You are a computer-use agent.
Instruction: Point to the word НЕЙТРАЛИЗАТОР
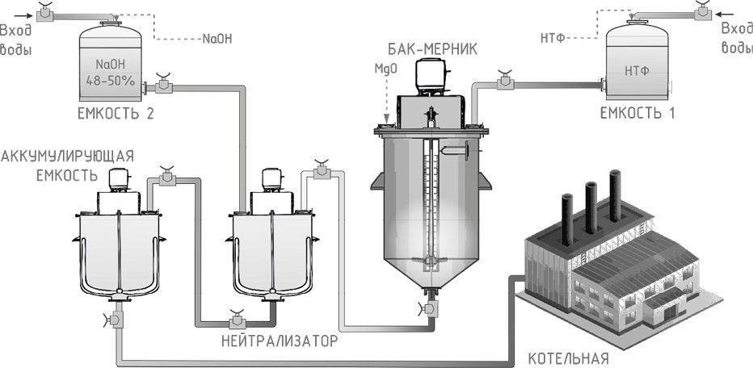pos(280,341)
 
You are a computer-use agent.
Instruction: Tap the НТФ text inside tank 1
pos(637,71)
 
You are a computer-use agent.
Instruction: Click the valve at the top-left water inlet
pos(47,13)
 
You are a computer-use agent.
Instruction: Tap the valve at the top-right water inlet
pos(702,12)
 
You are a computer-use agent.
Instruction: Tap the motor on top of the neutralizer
pos(268,180)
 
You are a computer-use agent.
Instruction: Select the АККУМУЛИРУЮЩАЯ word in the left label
pos(68,155)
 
